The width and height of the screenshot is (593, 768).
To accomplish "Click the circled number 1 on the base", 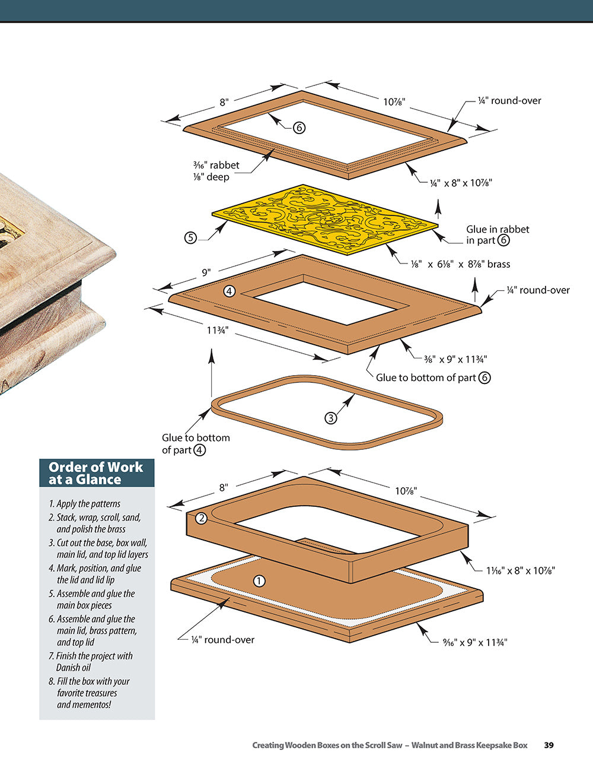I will [259, 581].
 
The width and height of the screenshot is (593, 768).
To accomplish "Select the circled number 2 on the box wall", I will [201, 518].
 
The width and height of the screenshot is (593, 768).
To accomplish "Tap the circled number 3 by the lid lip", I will [331, 418].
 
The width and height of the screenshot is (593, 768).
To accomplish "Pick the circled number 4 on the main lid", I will [229, 291].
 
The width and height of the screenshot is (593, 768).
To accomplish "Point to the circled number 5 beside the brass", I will [190, 238].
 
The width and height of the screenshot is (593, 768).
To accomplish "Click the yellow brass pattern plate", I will [325, 220].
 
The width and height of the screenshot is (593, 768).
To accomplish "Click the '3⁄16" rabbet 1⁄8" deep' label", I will [216, 171].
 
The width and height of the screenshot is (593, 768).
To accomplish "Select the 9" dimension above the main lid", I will [206, 272].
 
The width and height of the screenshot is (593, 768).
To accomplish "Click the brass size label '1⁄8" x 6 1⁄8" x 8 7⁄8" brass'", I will [460, 264].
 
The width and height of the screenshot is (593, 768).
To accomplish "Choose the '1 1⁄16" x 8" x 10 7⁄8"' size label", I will [520, 570].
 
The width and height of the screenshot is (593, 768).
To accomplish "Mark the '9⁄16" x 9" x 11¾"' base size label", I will [475, 642].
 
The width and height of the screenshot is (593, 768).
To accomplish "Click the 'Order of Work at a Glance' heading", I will [96, 473].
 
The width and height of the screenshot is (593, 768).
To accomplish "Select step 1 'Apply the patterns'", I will [84, 504].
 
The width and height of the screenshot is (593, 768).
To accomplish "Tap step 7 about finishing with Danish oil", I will [91, 662].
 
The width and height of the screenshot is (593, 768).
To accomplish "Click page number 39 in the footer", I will [549, 745].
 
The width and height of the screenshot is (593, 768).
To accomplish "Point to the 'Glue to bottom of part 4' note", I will [196, 443].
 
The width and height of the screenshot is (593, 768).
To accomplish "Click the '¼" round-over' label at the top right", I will [509, 101].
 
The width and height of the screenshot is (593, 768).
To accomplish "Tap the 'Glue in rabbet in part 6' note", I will [497, 234].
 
